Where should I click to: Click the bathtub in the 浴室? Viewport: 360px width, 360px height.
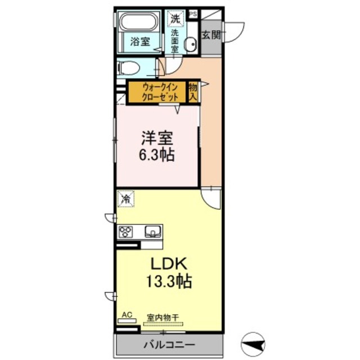coord(139,22)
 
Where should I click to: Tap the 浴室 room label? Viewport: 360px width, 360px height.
coord(140,42)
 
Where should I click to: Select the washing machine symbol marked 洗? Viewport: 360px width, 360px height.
coord(175,18)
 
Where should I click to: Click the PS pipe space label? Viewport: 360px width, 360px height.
coord(193,14)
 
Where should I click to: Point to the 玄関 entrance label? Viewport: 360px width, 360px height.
coord(211,35)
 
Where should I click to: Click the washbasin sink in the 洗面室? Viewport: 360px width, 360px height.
coord(191,44)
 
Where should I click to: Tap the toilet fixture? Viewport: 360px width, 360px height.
coord(128,68)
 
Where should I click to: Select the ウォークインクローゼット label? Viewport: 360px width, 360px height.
coord(160,92)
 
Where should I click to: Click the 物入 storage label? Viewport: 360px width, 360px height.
coord(193,92)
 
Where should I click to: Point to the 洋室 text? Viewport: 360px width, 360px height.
coord(157,138)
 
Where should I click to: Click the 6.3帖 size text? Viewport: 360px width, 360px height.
coord(156,155)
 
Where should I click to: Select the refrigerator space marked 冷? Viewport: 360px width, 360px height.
coord(126,199)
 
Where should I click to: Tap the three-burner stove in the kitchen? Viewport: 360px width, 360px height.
coord(125,232)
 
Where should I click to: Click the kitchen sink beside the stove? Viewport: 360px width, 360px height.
coord(152,232)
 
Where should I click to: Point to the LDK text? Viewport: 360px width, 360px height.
coord(169,264)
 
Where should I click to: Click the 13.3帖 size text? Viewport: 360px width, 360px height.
coord(169,281)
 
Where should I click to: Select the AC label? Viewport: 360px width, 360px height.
coord(127,315)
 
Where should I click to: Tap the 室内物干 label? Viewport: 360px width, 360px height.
coord(163,318)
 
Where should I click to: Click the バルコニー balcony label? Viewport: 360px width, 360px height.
coord(169,345)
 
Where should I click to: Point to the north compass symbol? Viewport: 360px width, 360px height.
coord(253,344)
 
